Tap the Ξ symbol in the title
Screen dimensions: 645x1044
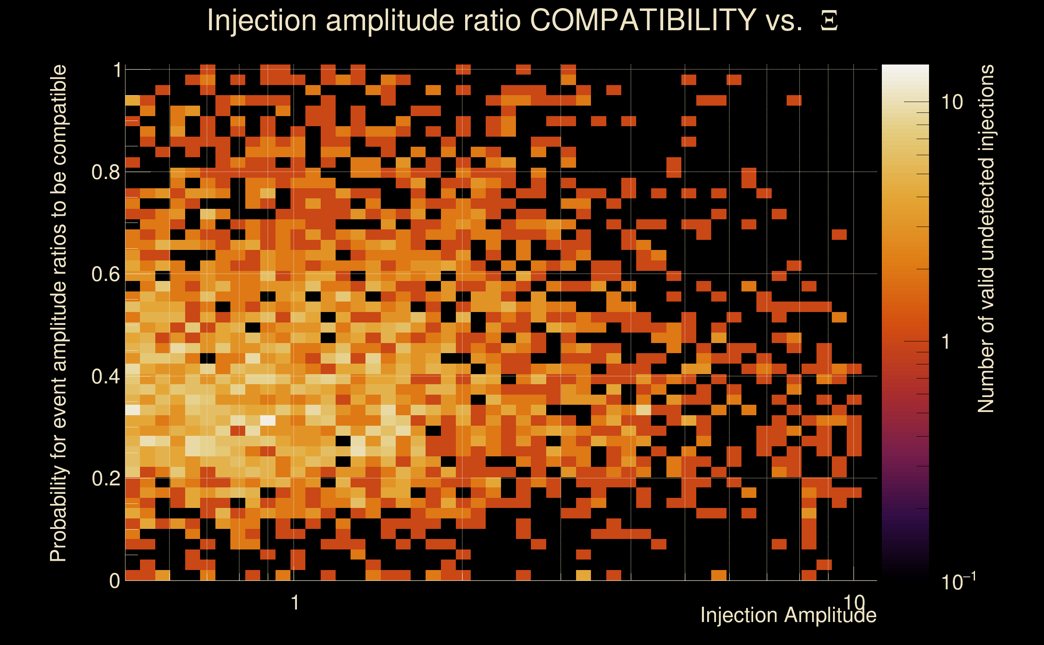tap(829, 21)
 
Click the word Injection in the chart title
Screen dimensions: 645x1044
tap(262, 21)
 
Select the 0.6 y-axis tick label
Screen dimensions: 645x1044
tap(106, 274)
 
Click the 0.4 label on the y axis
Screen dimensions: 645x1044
tap(106, 376)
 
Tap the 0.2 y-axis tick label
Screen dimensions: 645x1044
tap(106, 478)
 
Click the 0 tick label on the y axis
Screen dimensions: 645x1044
tap(115, 580)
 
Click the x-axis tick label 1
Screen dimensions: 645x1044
tap(294, 603)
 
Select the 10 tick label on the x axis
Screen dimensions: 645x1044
tap(854, 602)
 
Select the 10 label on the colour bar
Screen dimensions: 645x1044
tap(952, 102)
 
